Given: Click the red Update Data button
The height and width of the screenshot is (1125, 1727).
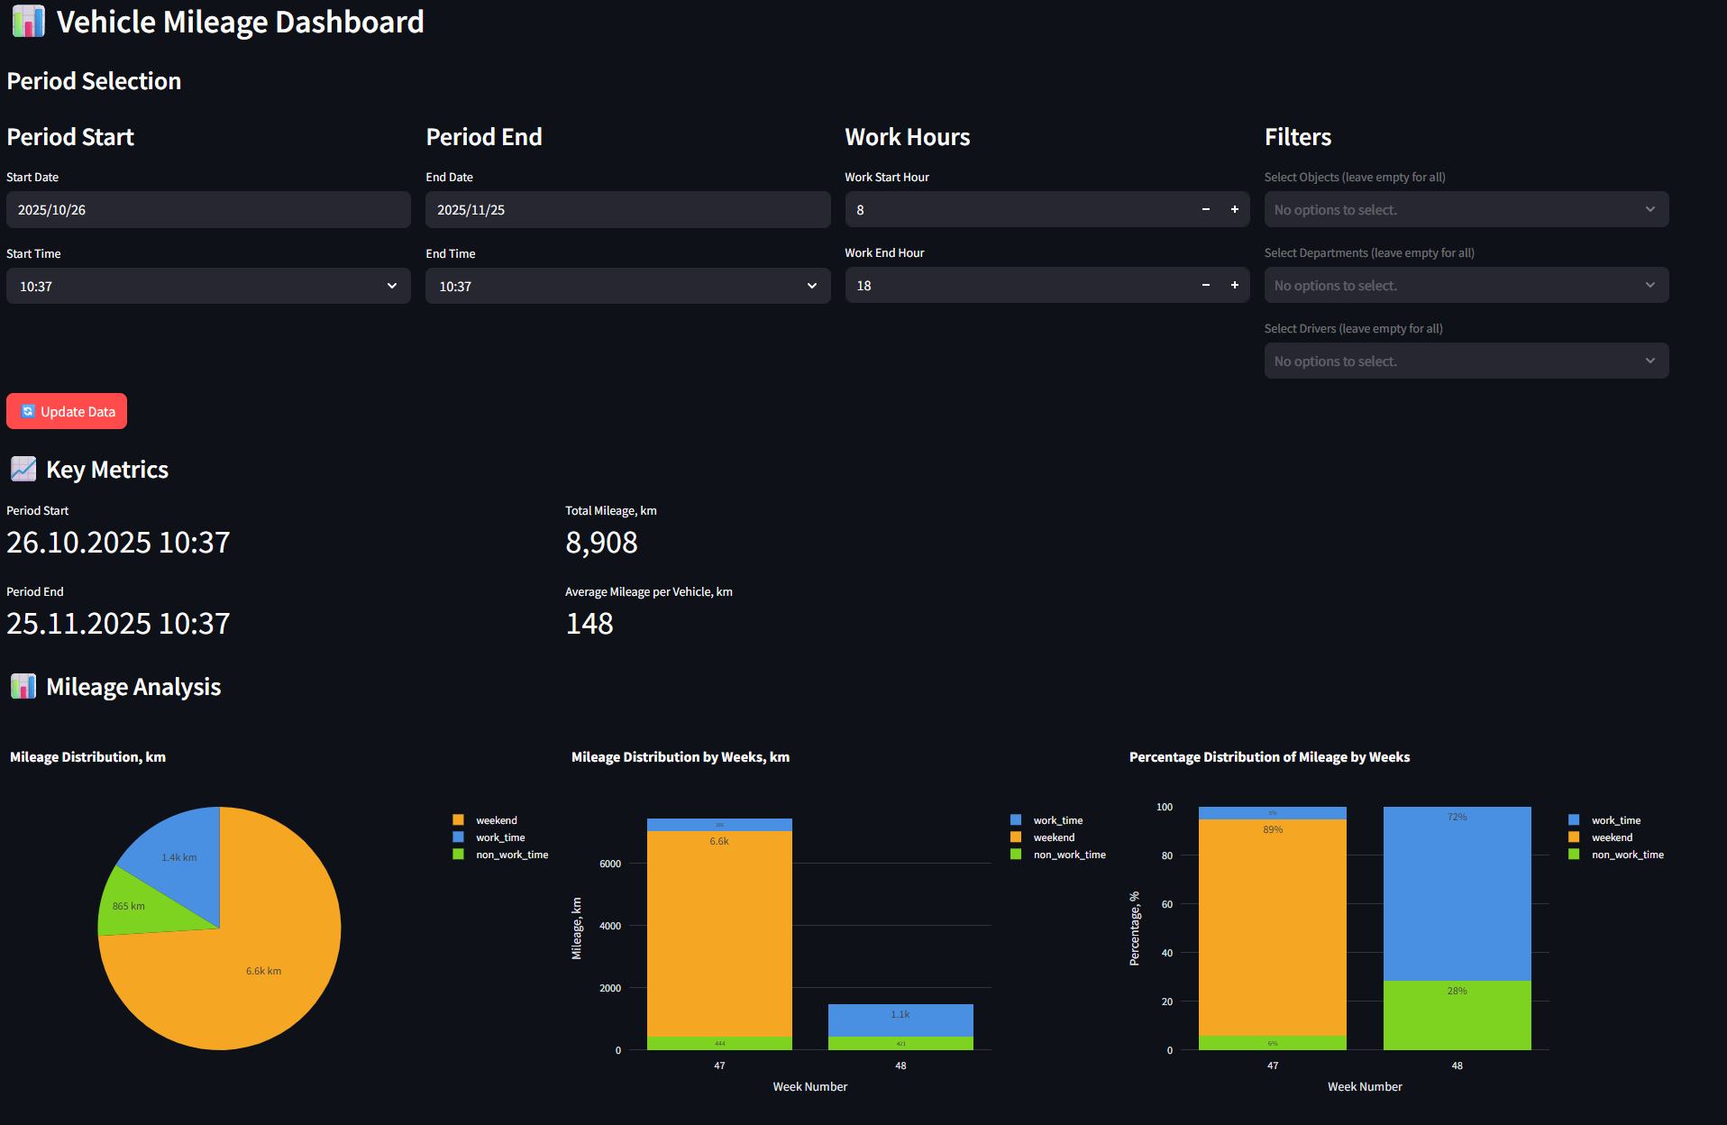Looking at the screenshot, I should click(x=67, y=411).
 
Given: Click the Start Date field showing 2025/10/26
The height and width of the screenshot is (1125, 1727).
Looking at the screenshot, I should click(x=208, y=210).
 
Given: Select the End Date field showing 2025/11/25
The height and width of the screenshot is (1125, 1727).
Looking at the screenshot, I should click(x=627, y=210).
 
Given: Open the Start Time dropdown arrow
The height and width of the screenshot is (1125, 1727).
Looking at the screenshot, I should click(x=392, y=286).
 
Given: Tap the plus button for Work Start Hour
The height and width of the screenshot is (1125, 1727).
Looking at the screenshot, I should click(x=1235, y=209).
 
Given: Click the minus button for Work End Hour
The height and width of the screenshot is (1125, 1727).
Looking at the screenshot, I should click(x=1206, y=285).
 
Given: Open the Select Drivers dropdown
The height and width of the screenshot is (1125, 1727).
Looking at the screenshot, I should click(x=1466, y=361).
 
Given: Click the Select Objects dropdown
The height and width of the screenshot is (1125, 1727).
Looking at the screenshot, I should click(x=1466, y=209).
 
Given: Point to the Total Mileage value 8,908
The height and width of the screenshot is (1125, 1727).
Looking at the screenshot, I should click(x=601, y=543).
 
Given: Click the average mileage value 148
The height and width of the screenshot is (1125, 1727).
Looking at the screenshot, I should click(x=589, y=624).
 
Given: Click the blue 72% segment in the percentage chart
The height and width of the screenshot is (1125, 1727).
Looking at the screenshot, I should click(x=1457, y=892).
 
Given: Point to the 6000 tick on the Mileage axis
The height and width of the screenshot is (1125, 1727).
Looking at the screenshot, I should click(x=610, y=864).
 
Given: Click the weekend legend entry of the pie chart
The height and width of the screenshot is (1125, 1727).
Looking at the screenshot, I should click(x=496, y=820).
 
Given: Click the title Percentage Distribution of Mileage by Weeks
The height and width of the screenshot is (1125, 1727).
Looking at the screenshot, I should click(x=1269, y=757).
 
